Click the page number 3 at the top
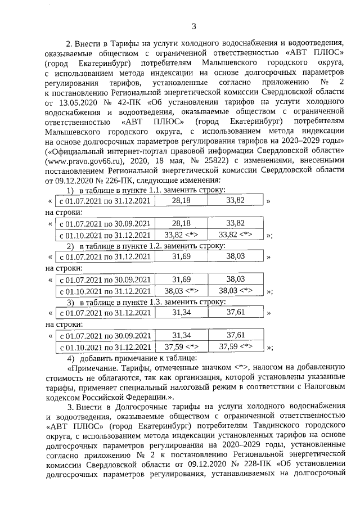pyautogui.click(x=194, y=25)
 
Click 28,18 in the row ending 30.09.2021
pyautogui.click(x=181, y=223)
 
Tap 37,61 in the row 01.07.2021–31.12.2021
pyautogui.click(x=235, y=313)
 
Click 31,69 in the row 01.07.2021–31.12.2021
pyautogui.click(x=181, y=256)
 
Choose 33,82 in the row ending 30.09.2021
pyautogui.click(x=235, y=223)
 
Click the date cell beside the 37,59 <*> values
pyautogui.click(x=105, y=346)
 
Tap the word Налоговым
pyautogui.click(x=313, y=386)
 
